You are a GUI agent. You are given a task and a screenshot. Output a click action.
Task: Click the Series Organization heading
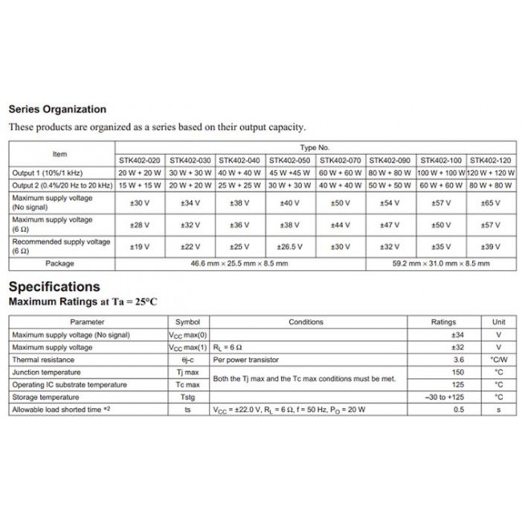(x=56, y=109)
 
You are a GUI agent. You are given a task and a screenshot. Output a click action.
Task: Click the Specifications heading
(x=54, y=287)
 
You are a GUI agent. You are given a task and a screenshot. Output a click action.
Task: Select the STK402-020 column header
(x=141, y=161)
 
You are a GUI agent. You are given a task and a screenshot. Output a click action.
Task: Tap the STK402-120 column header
(x=490, y=161)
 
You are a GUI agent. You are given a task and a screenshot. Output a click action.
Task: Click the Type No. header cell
(x=315, y=149)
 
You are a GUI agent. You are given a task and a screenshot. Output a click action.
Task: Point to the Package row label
(x=60, y=263)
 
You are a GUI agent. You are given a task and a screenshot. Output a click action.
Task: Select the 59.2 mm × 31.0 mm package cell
(x=440, y=263)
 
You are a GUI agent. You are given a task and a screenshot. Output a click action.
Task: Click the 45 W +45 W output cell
(x=290, y=173)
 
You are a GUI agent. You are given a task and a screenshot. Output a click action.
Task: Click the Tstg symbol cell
(x=187, y=397)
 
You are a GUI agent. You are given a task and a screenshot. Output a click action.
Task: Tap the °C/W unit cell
(x=498, y=360)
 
